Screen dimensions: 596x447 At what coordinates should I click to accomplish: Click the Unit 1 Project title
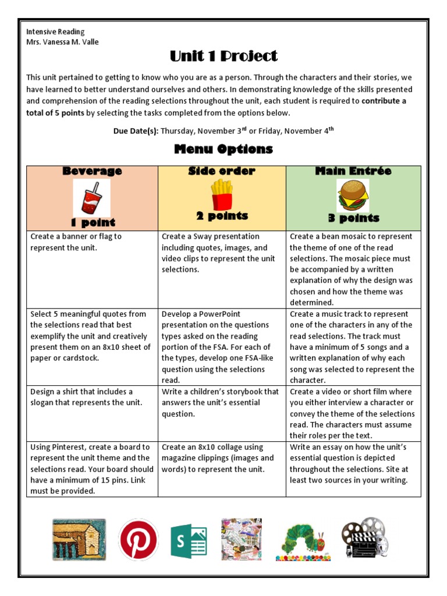point(223,56)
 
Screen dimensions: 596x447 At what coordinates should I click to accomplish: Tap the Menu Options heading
point(223,149)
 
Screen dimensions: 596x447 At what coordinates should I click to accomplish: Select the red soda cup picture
point(91,197)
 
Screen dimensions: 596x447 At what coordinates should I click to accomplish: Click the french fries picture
point(221,194)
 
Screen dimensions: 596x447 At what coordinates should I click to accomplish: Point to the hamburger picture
point(353,195)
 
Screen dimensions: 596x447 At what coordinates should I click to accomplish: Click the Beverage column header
point(92,171)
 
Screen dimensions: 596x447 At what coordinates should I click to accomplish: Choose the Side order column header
point(222,171)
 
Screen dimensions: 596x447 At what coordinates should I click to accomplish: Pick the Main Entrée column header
point(353,171)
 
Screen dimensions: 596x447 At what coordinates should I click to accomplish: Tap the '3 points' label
point(353,218)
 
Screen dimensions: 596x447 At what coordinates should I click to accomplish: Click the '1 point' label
point(93,222)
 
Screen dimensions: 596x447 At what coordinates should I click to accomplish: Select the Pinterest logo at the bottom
point(138,540)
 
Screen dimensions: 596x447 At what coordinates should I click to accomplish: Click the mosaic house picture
point(79,540)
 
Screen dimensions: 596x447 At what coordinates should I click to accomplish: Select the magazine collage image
point(242,540)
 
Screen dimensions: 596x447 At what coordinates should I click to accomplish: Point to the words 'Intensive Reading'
point(55,31)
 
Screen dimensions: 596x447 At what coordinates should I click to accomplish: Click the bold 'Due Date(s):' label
point(136,131)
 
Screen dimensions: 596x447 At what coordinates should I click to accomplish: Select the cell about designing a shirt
point(92,398)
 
